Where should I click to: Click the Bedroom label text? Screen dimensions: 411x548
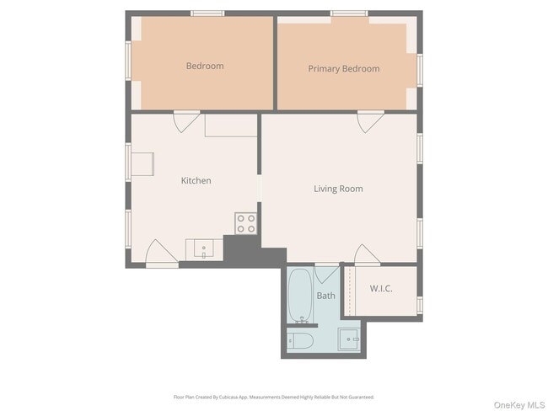pos(205,66)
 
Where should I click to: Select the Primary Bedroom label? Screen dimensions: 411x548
pos(343,69)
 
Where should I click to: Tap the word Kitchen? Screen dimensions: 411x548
pos(196,180)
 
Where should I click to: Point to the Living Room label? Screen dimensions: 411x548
pos(338,189)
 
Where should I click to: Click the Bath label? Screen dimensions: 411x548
pos(325,296)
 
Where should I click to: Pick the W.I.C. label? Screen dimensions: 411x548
pos(381,289)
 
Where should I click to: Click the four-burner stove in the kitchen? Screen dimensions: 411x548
pos(245,223)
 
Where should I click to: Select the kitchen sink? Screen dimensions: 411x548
pos(204,248)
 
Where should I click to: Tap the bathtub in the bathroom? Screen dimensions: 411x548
pos(299,296)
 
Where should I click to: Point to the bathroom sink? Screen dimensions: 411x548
pos(350,340)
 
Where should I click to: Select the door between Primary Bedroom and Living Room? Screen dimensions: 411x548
pos(369,122)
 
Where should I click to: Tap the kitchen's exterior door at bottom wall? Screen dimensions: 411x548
pos(161,253)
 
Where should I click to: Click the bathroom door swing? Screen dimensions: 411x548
pos(326,275)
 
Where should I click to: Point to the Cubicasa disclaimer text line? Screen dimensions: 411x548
pos(274,397)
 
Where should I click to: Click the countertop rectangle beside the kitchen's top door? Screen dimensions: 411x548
pos(230,125)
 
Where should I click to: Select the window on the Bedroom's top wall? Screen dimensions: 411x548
pos(207,13)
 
